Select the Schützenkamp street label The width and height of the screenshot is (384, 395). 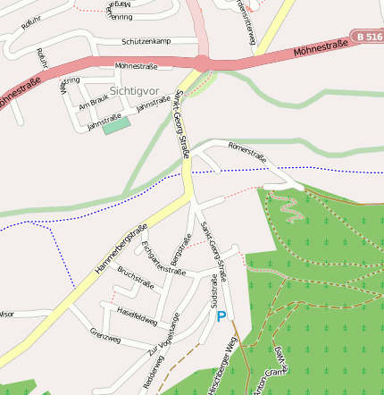click(146, 41)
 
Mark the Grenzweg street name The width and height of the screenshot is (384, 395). click(105, 335)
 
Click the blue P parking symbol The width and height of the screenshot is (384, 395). click(221, 316)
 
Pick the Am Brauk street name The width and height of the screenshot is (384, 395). click(93, 105)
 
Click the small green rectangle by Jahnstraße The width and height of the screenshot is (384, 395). click(115, 127)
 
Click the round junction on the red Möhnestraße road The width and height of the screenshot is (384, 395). click(203, 62)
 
